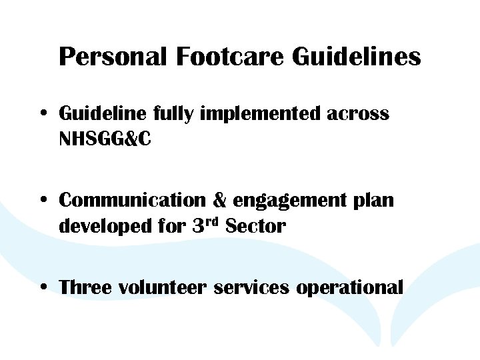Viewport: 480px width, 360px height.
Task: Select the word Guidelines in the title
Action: [x=357, y=57]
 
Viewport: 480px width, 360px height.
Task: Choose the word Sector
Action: [x=256, y=227]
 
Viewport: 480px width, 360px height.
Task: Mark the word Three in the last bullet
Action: [x=85, y=287]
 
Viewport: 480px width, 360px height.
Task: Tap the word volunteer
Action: [x=163, y=287]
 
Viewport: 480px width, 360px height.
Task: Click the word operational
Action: [x=349, y=288]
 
